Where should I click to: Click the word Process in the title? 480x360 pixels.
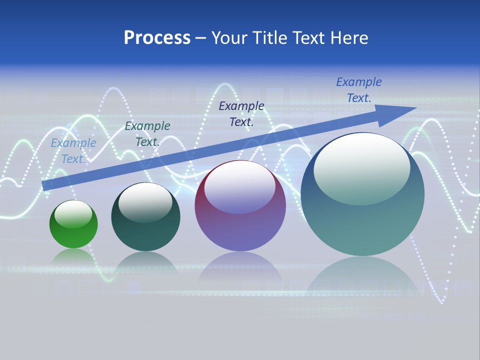click(x=157, y=38)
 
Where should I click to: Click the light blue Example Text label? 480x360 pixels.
click(x=73, y=151)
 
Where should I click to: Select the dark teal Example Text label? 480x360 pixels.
click(x=147, y=134)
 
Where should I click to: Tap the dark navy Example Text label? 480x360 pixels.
click(x=241, y=113)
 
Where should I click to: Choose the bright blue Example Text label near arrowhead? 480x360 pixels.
click(x=359, y=90)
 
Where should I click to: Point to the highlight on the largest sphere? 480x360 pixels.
click(x=362, y=169)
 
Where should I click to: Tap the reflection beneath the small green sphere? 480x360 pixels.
click(x=73, y=256)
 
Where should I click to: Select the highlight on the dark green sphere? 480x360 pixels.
click(x=145, y=202)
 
